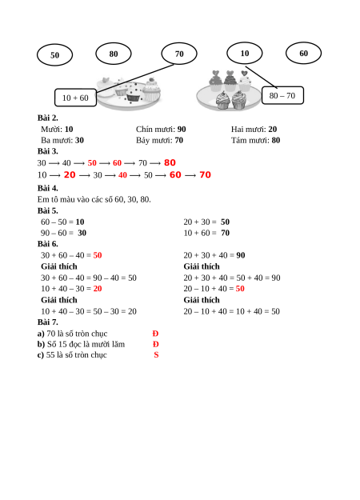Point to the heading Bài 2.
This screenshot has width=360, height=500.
48,118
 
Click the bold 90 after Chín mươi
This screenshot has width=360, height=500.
182,129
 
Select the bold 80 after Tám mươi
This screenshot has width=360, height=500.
276,140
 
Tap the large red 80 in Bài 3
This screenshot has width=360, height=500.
170,162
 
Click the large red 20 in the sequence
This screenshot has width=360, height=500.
70,174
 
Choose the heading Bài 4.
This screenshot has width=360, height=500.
48,188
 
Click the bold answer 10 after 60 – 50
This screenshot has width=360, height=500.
80,222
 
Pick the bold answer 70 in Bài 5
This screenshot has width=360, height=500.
225,233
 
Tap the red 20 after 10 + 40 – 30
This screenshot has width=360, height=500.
98,289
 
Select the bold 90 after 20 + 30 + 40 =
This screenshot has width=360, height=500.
241,255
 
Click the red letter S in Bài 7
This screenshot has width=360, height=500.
156,355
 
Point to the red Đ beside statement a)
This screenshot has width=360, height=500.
155,334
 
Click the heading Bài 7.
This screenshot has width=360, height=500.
48,322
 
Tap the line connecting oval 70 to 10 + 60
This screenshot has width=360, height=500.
135,78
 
